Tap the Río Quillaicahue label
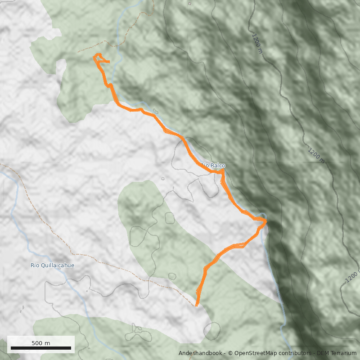[52, 265]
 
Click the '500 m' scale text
[41, 343]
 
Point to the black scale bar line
[41, 348]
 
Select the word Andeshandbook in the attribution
[200, 353]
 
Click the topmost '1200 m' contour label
[257, 43]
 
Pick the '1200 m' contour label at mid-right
[316, 154]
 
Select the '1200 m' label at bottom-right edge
[352, 278]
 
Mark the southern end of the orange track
[196, 306]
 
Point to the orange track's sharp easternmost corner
[266, 221]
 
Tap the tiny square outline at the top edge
[190, 4]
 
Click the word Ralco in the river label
[218, 166]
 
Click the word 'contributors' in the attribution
[295, 353]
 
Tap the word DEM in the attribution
[323, 353]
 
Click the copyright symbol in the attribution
[230, 353]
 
